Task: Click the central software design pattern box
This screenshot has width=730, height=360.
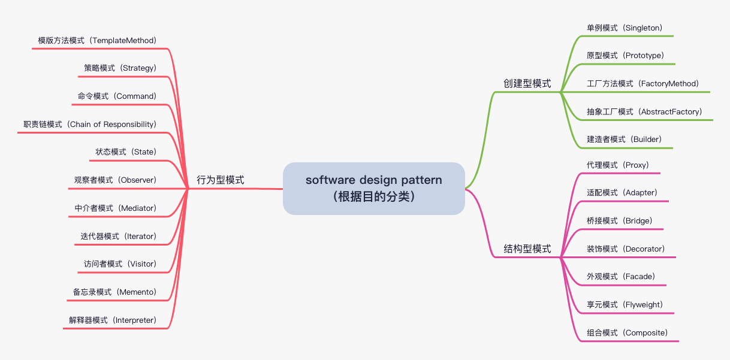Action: [x=373, y=188]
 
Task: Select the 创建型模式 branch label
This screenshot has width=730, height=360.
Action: [x=527, y=83]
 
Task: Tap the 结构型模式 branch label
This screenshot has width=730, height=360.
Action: [x=527, y=249]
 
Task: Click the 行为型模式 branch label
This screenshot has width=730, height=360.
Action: [x=221, y=180]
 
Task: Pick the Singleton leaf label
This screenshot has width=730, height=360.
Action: [x=624, y=28]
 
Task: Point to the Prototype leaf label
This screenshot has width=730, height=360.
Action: [x=625, y=55]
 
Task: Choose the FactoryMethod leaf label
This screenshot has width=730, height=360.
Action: [x=642, y=83]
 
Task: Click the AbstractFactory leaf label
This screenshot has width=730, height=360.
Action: [x=644, y=111]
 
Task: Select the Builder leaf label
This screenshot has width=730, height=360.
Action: [x=624, y=139]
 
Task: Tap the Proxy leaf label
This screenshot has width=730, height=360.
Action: [x=617, y=165]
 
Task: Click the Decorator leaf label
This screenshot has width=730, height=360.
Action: [x=626, y=249]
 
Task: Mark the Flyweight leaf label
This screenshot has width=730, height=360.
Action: [x=625, y=304]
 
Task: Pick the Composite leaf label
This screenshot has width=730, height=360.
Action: [x=627, y=332]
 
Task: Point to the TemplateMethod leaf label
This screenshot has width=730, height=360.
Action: [x=97, y=40]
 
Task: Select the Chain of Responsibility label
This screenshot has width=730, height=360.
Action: [x=90, y=124]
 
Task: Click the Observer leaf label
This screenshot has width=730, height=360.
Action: [x=115, y=180]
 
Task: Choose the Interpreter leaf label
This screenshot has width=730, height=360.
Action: [x=113, y=320]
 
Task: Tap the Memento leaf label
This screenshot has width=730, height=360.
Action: [x=114, y=292]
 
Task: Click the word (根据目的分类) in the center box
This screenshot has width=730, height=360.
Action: [x=373, y=196]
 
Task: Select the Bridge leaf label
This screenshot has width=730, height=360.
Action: [x=619, y=220]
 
